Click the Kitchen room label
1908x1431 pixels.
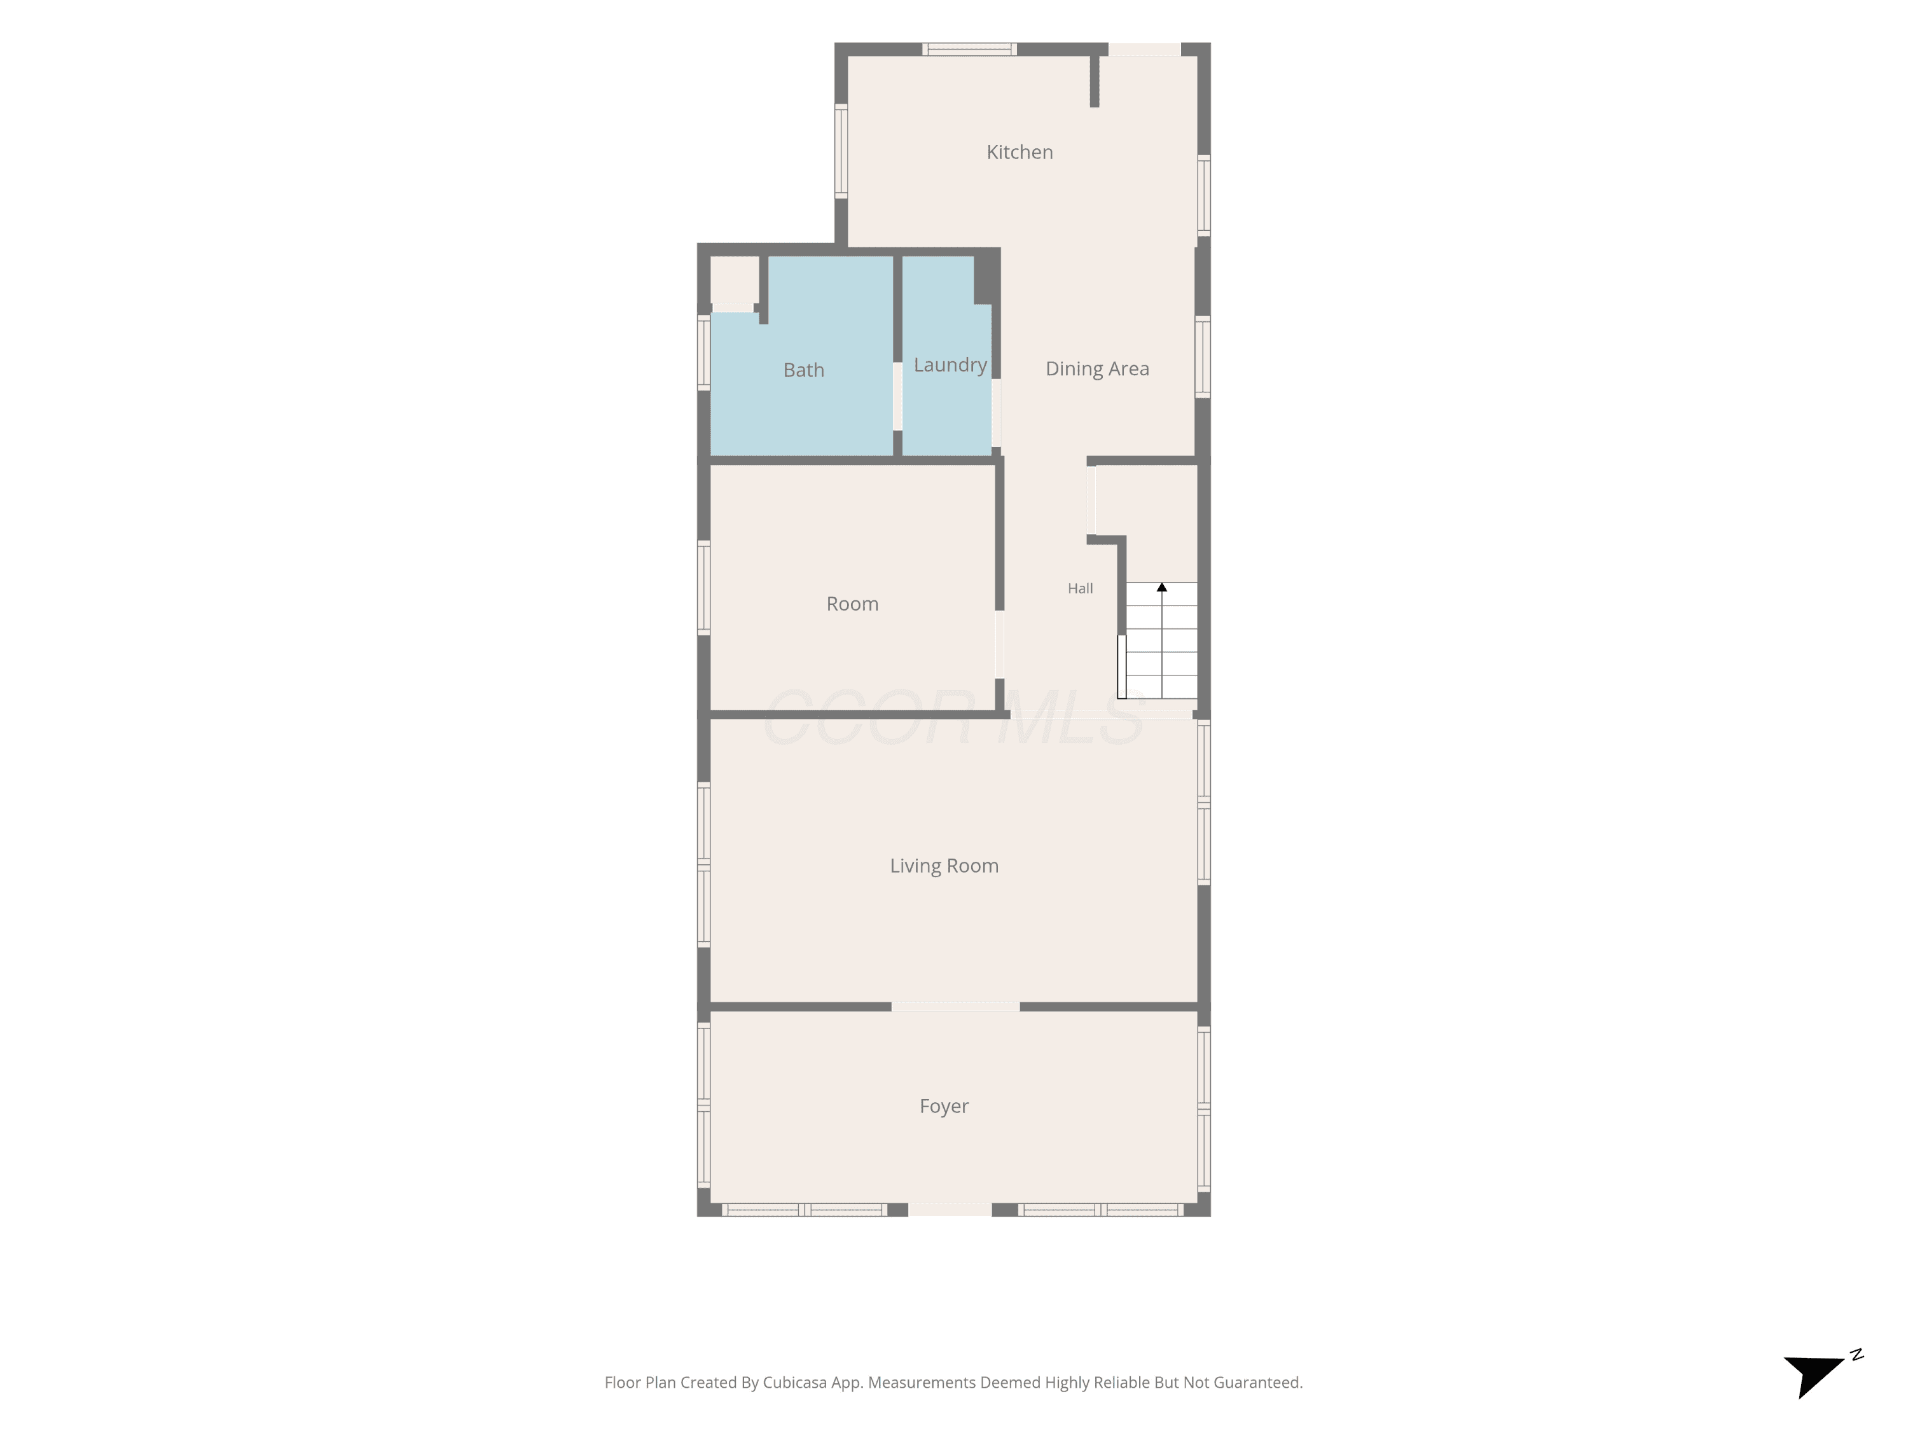(1020, 153)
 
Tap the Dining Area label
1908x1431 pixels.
(1097, 369)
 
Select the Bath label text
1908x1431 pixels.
(804, 370)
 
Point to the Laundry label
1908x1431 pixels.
(950, 366)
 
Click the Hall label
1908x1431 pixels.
(1080, 588)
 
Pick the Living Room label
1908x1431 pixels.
(944, 866)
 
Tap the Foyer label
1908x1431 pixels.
(944, 1107)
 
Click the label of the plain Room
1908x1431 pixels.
(852, 604)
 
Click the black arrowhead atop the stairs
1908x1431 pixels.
(1162, 588)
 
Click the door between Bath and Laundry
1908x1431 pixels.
(897, 396)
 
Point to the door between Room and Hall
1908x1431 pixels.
(1000, 644)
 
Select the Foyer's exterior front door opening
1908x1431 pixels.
(951, 1209)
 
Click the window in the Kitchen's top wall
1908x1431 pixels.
(969, 49)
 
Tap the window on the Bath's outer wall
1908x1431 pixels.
(704, 352)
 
